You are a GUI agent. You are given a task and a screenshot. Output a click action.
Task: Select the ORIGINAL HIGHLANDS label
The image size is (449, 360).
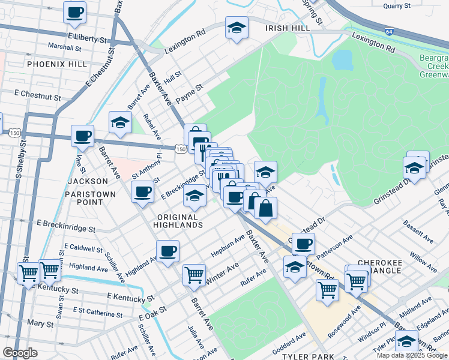click(179, 220)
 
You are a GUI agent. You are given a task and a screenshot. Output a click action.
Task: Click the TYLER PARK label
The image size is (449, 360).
click(304, 356)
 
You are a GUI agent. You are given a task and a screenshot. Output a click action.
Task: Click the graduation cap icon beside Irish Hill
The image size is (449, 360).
click(237, 28)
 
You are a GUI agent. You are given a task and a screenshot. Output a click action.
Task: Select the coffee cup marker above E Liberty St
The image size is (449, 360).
click(74, 13)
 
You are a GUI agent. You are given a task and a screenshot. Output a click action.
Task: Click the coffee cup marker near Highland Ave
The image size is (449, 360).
click(168, 250)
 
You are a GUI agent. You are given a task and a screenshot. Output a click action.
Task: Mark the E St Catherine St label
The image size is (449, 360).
click(97, 311)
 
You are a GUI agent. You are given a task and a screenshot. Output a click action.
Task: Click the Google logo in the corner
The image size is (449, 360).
click(20, 352)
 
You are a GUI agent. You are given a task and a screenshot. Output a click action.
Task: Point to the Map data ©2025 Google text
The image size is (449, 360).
click(411, 355)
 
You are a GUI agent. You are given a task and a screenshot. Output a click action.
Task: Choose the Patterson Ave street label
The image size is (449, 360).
click(334, 247)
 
